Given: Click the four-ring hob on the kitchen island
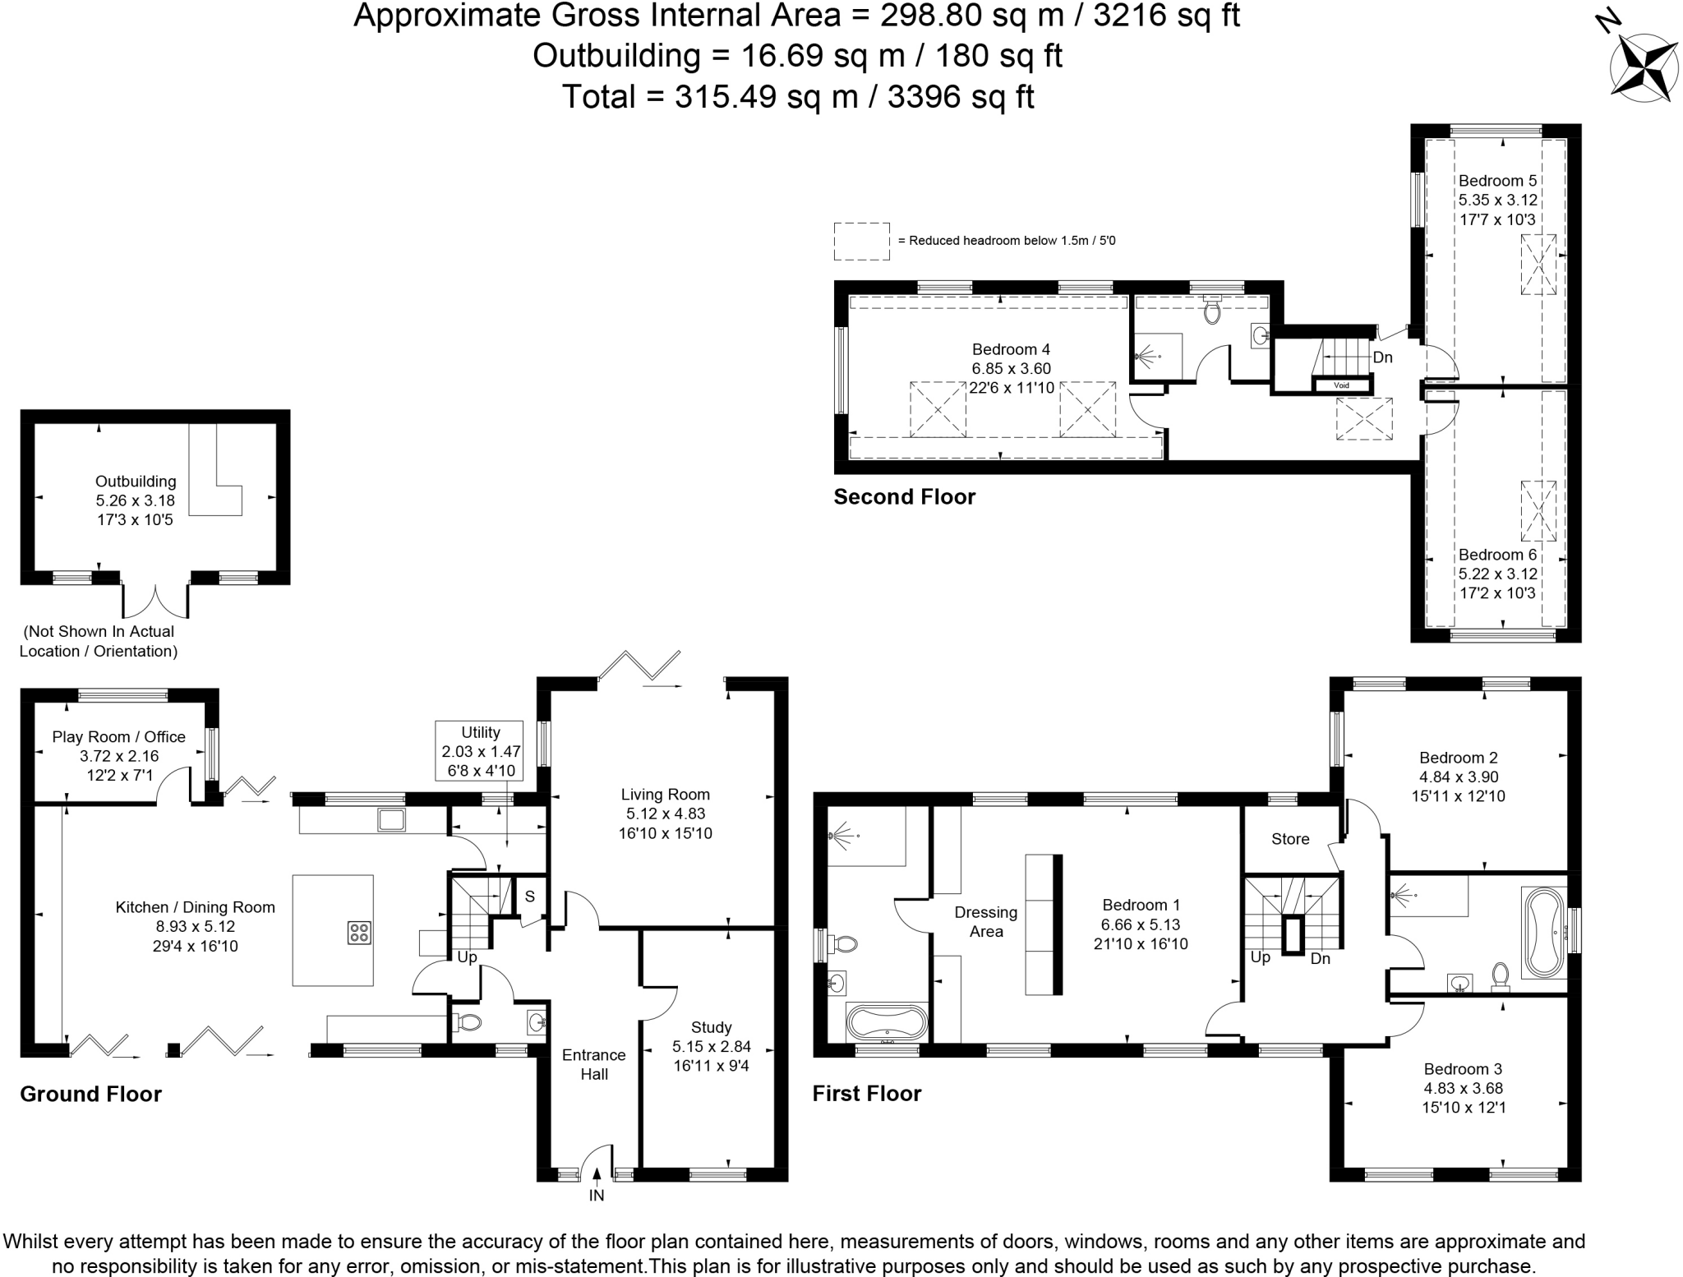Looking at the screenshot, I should coord(359,932).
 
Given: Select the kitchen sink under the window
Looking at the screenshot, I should coord(392,819).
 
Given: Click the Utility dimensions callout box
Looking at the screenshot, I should coord(481,750).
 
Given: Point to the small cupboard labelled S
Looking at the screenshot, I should coord(530,897).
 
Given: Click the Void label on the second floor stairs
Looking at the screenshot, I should coord(1341,385).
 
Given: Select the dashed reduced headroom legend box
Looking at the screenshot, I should coord(861,241).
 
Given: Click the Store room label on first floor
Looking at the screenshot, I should coord(1289,839).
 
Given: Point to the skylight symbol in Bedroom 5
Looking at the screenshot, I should coord(1538,264).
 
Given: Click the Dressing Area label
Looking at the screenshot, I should coord(986,921).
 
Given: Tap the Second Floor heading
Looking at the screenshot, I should coord(904,496).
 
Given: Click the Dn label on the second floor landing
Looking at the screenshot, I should coord(1382,357).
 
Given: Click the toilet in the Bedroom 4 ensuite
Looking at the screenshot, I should coord(1211,311).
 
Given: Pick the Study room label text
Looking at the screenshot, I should coord(711,1027).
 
